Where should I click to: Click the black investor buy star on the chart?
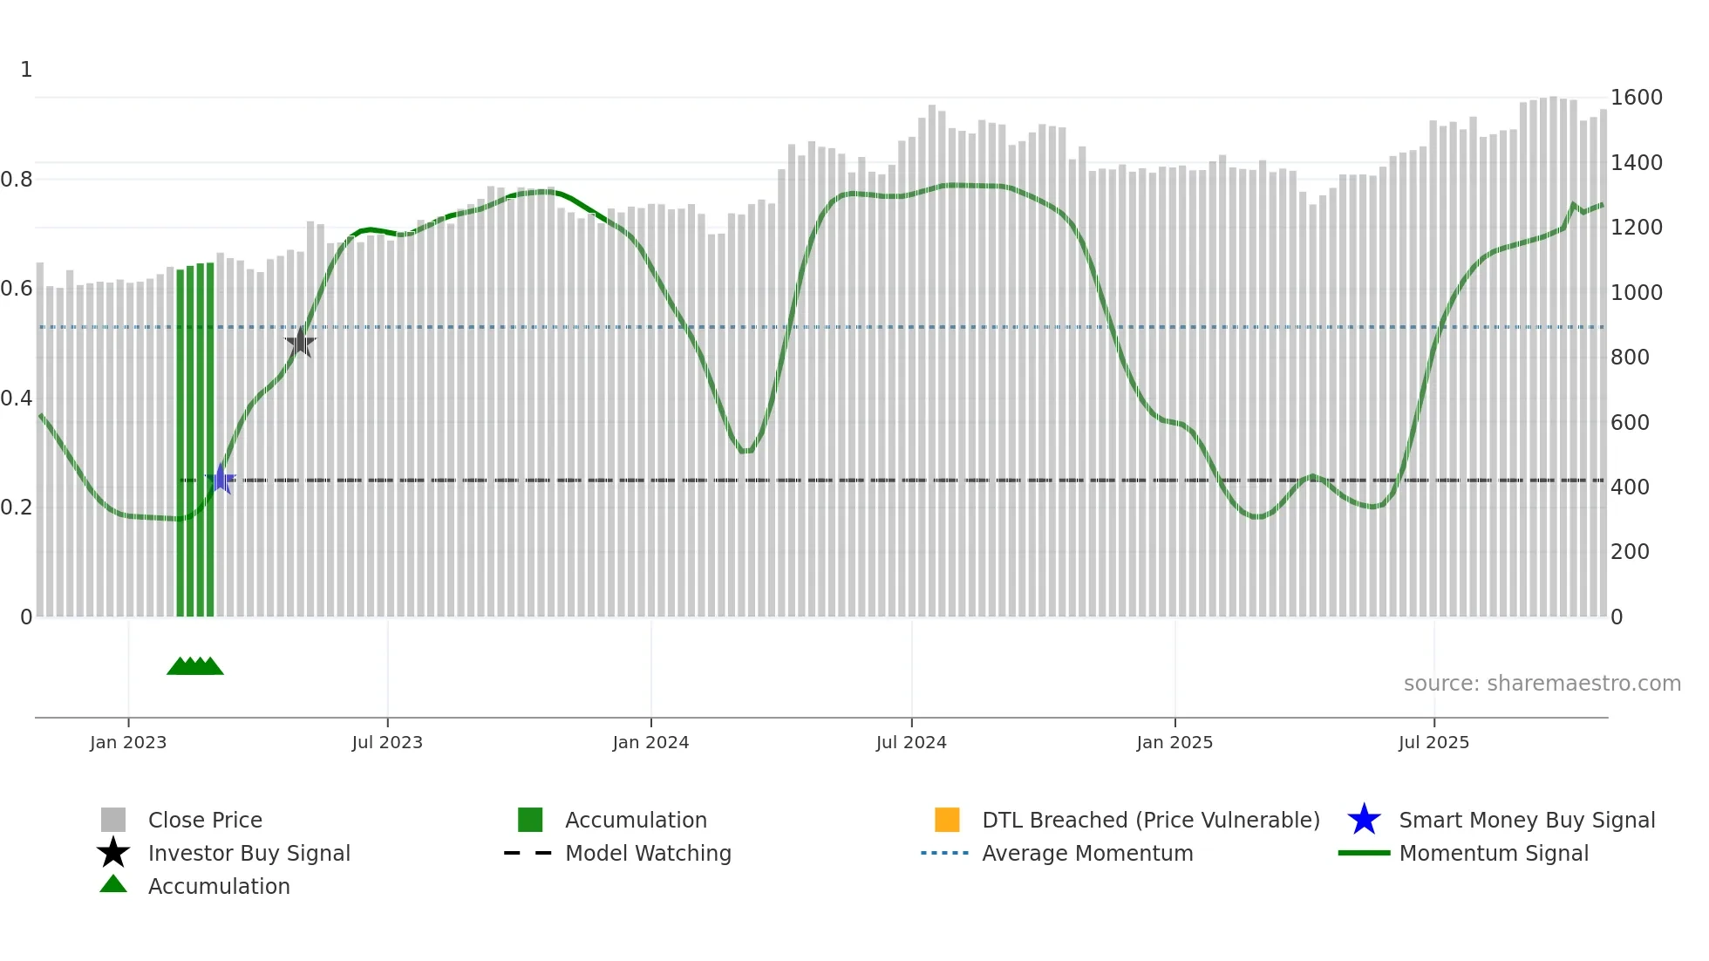coord(300,342)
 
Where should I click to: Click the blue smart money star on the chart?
coord(221,479)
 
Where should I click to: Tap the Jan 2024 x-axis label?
coord(650,742)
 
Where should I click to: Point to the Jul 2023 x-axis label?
coord(387,742)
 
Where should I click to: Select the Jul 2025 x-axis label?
coord(1433,742)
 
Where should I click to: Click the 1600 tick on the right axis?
coord(1636,98)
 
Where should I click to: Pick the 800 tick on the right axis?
coord(1630,358)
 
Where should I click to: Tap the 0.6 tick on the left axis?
coord(17,289)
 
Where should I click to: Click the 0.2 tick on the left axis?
coord(17,508)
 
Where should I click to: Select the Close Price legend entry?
coord(205,820)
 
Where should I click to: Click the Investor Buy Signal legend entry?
coord(249,853)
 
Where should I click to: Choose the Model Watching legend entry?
coord(648,853)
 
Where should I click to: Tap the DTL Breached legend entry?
coord(1150,820)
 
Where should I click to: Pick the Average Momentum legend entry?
coord(1087,853)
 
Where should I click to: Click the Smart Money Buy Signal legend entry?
coord(1527,820)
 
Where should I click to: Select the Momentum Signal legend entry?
coord(1494,853)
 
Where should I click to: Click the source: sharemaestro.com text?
coord(1542,684)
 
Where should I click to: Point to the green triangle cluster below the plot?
coord(195,666)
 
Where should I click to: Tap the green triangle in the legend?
coord(113,884)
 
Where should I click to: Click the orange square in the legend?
coord(947,820)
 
